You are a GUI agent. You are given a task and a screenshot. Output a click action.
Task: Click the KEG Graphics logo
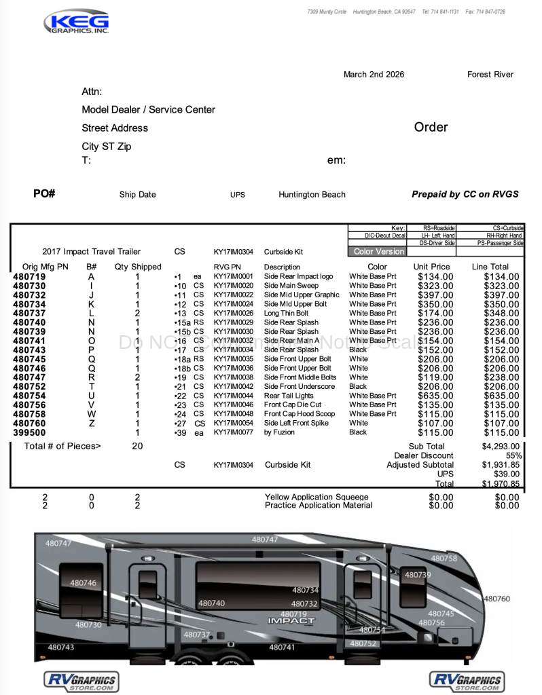click(76, 22)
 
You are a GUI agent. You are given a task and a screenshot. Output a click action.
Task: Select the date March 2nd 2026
click(374, 75)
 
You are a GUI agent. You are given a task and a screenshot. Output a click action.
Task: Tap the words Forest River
click(490, 75)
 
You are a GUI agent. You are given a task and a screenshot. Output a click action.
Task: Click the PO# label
click(44, 194)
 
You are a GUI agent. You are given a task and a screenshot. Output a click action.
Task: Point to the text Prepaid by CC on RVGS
click(465, 194)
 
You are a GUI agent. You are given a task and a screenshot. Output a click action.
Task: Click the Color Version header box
click(378, 251)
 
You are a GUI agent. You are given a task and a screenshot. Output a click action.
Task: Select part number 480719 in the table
click(29, 277)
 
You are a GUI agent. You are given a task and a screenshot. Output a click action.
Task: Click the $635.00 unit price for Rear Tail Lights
click(435, 396)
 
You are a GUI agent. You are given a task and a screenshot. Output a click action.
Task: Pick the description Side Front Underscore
click(299, 386)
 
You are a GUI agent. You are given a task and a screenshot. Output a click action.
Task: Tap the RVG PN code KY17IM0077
click(233, 432)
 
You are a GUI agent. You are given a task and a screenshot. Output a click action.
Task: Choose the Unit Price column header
click(431, 267)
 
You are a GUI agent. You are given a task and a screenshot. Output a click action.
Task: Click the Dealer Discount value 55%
click(513, 455)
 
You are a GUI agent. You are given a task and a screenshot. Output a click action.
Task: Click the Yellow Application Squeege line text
click(317, 497)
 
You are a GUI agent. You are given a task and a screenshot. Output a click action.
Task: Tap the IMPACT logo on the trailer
click(291, 620)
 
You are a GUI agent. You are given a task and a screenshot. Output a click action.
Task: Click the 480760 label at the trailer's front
click(496, 599)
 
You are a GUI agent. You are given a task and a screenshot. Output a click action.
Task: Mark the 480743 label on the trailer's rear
click(60, 647)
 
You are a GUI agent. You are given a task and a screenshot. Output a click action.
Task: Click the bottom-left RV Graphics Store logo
click(81, 681)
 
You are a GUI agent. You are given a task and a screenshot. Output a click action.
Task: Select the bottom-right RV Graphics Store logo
click(467, 681)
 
